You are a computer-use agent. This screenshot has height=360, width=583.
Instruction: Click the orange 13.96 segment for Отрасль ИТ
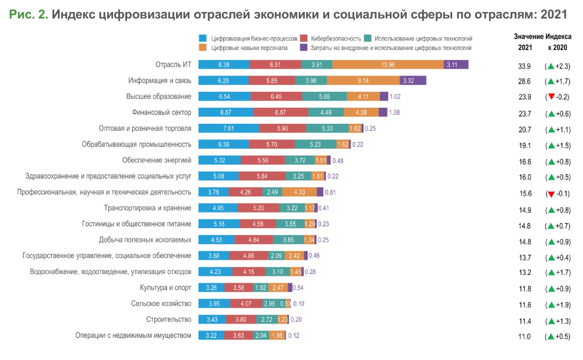[x=388, y=65]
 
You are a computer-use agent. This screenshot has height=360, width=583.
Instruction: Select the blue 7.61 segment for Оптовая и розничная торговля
[x=229, y=128]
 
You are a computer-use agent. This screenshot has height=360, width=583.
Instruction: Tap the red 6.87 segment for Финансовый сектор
[x=281, y=112]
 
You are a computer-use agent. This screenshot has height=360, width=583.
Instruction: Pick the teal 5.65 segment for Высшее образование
[x=324, y=96]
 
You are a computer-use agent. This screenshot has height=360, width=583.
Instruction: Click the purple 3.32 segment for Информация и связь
[x=413, y=81]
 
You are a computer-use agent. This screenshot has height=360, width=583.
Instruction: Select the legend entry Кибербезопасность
[x=336, y=39]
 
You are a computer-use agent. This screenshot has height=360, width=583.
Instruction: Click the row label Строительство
[x=169, y=319]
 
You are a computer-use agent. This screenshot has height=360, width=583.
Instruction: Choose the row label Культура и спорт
[x=165, y=288]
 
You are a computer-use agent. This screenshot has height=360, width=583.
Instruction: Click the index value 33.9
[x=525, y=66]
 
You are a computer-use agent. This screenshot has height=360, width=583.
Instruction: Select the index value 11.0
[x=525, y=337]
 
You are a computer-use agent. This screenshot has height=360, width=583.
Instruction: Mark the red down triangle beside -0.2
[x=551, y=97]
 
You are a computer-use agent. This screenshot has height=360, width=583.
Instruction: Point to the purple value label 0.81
[x=330, y=193]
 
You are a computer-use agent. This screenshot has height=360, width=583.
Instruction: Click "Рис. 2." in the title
[x=28, y=14]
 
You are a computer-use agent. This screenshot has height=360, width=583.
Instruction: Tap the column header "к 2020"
[x=557, y=47]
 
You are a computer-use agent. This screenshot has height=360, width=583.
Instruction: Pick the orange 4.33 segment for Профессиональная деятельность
[x=299, y=192]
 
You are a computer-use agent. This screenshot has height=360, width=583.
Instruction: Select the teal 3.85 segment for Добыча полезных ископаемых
[x=288, y=240]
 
